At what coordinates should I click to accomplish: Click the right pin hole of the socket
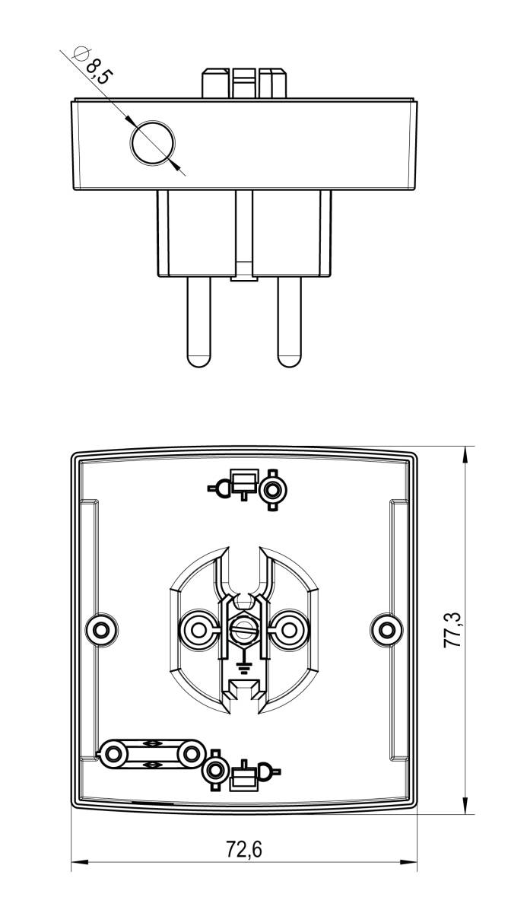(289, 629)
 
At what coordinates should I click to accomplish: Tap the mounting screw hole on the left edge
(100, 628)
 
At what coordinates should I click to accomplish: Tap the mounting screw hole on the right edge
(387, 628)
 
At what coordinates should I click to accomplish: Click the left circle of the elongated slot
(115, 753)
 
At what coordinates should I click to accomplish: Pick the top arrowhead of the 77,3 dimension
(465, 453)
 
